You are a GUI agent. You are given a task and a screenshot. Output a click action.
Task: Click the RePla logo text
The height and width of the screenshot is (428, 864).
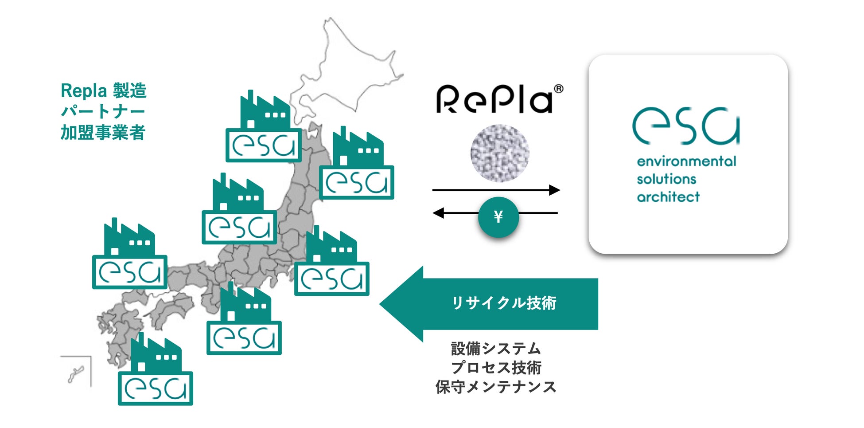494,99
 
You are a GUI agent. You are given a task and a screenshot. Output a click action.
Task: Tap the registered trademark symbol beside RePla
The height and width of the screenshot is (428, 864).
559,89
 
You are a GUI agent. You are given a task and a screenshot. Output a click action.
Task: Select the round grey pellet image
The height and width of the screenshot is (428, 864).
499,153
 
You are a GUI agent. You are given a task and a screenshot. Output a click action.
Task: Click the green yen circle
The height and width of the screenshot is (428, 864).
498,217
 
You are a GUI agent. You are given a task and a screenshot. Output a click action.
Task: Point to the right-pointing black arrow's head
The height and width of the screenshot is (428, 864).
554,190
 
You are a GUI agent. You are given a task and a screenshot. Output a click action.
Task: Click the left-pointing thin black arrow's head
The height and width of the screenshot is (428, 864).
438,213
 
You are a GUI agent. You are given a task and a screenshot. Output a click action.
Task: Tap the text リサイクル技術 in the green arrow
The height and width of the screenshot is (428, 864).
504,303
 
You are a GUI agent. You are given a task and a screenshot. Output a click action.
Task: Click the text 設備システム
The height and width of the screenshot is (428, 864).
496,349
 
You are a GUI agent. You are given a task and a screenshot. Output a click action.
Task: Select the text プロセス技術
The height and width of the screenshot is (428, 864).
496,368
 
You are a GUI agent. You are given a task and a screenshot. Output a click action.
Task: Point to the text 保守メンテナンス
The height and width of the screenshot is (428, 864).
496,387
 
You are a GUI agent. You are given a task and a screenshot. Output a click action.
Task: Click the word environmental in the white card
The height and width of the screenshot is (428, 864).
686,161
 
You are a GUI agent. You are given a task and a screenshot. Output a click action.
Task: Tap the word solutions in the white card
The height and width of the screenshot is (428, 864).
666,179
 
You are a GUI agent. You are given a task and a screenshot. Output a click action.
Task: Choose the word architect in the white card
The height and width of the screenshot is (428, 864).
668,197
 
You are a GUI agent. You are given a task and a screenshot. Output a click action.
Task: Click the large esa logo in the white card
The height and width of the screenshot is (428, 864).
686,126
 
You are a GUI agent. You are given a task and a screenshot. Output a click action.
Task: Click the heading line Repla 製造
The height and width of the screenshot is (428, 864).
103,91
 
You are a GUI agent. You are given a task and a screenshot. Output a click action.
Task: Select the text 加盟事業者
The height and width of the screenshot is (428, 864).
103,133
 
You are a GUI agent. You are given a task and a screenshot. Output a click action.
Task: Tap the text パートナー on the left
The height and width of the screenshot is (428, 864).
103,111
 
